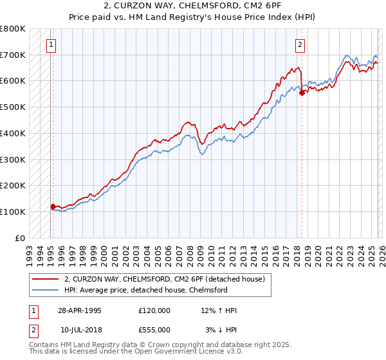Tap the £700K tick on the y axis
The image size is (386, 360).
tap(13, 55)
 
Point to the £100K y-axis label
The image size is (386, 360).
tap(13, 212)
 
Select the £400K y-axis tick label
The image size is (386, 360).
tap(13, 133)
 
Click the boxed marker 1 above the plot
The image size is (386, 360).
tap(51, 44)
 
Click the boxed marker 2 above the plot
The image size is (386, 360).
tap(300, 44)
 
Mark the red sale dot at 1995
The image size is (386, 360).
tap(53, 206)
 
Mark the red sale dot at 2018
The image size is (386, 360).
tap(302, 93)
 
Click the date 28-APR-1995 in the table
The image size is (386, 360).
tap(80, 310)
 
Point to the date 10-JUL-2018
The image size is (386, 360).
tap(80, 329)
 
